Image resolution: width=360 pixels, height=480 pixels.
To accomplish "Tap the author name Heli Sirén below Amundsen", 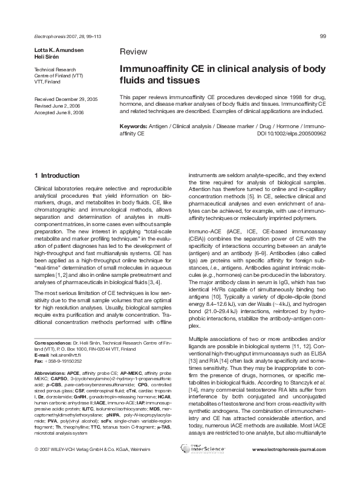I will [x=45, y=55].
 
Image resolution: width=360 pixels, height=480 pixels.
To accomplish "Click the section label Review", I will [x=132, y=52].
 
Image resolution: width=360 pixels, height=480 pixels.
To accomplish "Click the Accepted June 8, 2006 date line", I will [x=60, y=111].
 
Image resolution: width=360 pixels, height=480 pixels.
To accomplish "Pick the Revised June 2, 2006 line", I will [x=59, y=105].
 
